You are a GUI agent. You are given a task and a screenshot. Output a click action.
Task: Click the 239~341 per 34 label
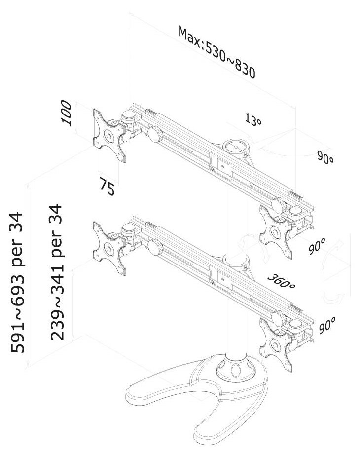pyautogui.click(x=59, y=272)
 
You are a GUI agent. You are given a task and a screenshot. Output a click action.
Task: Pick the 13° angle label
pyautogui.click(x=252, y=120)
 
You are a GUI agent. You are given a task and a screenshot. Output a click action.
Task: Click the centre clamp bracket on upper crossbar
pyautogui.click(x=220, y=165)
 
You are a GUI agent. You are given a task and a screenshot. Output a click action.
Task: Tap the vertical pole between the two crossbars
pyautogui.click(x=232, y=217)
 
